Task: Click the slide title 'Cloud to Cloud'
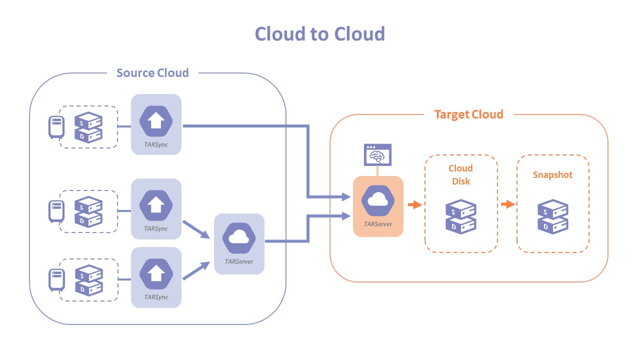pos(320,34)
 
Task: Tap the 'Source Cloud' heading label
pos(152,73)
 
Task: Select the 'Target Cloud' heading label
pos(468,114)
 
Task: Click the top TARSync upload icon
pos(156,120)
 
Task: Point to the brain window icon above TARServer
pos(377,155)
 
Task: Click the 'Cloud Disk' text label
pos(461,174)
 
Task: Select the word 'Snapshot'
pos(552,175)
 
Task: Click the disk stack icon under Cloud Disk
pos(461,215)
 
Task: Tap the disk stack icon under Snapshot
pos(552,215)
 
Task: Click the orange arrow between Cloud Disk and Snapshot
pos(507,204)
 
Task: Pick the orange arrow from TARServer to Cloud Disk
pos(414,204)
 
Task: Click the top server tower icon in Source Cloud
pos(56,126)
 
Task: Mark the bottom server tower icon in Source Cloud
pos(56,279)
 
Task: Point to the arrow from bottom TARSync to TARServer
pos(196,270)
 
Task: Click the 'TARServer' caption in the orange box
pos(378,224)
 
